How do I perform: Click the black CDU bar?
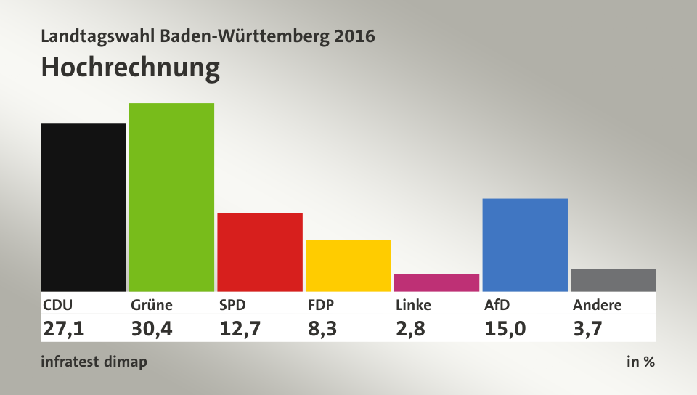pos(83,207)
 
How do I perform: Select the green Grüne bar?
pos(171,197)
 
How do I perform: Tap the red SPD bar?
pos(260,251)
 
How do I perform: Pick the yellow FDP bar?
pos(348,265)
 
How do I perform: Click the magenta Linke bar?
pos(436,282)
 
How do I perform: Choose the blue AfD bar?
pos(524,245)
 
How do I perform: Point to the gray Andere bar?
pos(613,280)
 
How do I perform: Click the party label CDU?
pos(58,305)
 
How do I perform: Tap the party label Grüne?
pos(151,305)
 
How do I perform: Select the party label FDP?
pos(322,305)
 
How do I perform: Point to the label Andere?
pos(597,305)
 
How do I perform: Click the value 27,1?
pos(64,328)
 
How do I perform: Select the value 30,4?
pos(152,328)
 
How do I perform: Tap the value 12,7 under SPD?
pos(240,328)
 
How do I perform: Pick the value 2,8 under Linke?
pos(410,328)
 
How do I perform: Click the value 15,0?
pos(505,328)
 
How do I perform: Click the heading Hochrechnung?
pos(130,67)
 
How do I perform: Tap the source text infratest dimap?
pos(94,362)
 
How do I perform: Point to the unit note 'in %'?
pos(640,362)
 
